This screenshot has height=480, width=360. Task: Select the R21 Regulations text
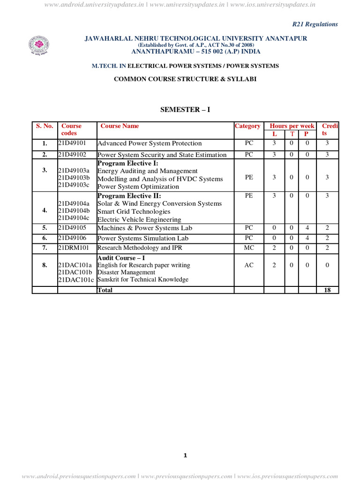[315, 24]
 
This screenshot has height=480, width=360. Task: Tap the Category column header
[247, 126]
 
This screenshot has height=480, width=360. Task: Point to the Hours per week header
[292, 126]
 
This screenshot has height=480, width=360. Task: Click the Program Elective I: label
[127, 164]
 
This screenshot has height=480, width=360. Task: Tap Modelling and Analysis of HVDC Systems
[160, 179]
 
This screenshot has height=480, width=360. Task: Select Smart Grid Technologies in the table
[134, 211]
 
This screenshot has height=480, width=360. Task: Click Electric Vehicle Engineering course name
[139, 219]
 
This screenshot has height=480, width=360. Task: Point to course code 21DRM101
[73, 247]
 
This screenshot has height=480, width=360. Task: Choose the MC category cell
[249, 247]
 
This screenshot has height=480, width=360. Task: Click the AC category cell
[249, 265]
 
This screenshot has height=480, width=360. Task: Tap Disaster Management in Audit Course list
[126, 272]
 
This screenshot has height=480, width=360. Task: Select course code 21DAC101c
[76, 280]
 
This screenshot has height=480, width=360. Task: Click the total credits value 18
[327, 290]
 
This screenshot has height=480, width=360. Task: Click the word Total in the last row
[105, 290]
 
